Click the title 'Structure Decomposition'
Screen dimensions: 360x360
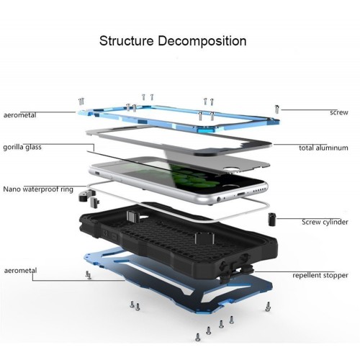coord(173,41)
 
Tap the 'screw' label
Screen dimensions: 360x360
coord(338,112)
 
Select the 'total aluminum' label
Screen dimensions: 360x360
coord(323,148)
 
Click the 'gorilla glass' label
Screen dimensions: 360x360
coord(22,147)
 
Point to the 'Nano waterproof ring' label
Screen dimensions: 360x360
coord(38,189)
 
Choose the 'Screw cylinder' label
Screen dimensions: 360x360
coord(325,222)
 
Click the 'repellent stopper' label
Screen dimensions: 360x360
coord(320,275)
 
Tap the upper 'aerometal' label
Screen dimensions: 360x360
coord(20,115)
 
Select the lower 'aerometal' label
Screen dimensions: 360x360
coord(20,271)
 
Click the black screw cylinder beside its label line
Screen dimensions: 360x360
coord(271,219)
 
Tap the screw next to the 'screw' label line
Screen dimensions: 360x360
coord(277,109)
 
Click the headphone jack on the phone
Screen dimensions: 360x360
coord(219,199)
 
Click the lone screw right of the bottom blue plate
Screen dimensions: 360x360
coord(268,307)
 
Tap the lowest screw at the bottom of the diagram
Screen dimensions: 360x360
coord(198,337)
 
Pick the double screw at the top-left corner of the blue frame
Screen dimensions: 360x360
coord(81,102)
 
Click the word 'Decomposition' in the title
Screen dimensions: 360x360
coord(202,41)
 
